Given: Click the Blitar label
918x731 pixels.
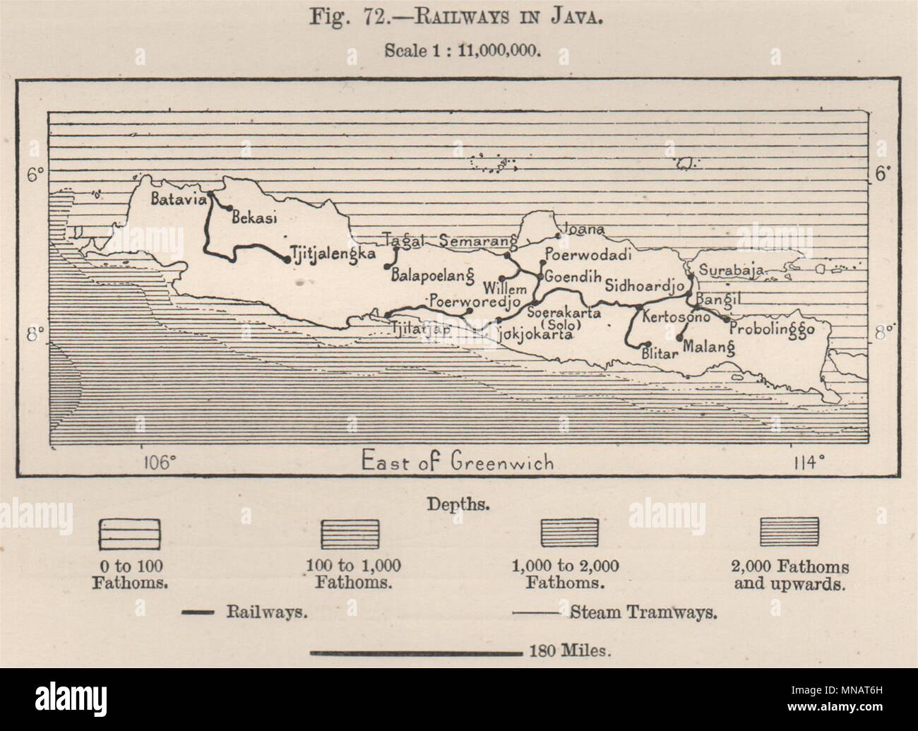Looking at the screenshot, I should tap(660, 354).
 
